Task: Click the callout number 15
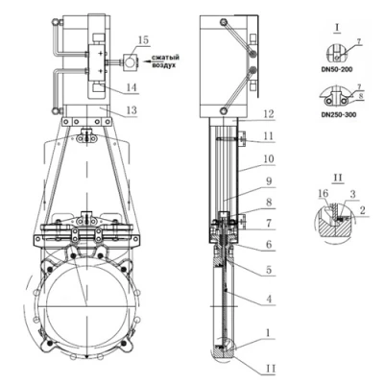point(144,40)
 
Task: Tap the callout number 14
point(132,87)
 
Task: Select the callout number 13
point(132,110)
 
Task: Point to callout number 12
point(269,114)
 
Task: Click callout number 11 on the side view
point(268,136)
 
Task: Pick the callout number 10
point(269,158)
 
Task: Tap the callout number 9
point(269,181)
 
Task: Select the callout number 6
point(269,244)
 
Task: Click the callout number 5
point(269,270)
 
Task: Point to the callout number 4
point(269,299)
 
